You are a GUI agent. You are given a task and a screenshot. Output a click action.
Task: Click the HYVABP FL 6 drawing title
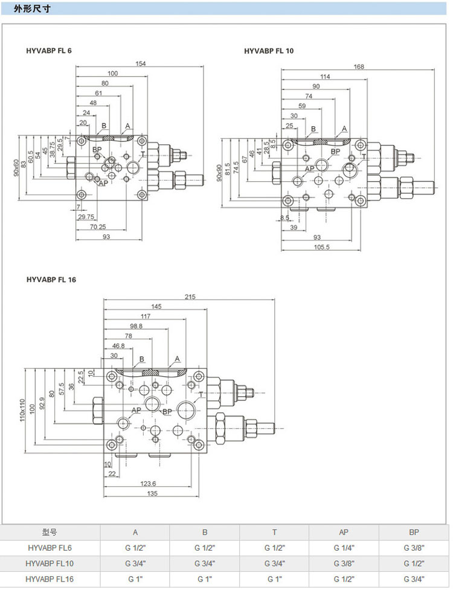tap(49, 51)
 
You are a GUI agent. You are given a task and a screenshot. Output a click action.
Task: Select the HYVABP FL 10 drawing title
tap(269, 51)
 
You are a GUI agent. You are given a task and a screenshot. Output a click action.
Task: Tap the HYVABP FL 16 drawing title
tap(51, 280)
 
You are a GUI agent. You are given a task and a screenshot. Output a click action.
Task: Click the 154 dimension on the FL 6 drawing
tap(140, 64)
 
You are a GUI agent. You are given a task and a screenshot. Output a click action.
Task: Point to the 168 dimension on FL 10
tap(359, 66)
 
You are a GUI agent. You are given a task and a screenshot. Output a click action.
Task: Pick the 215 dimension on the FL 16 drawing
tap(190, 297)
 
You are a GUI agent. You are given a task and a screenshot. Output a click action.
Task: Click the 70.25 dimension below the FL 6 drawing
tap(98, 227)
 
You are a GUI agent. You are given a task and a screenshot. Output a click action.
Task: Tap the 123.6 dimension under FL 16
tap(148, 483)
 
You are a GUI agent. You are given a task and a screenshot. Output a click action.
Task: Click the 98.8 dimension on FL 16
tap(136, 326)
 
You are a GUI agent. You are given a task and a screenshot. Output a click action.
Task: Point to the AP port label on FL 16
tap(137, 410)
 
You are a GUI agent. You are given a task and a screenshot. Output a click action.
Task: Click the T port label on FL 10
tap(364, 156)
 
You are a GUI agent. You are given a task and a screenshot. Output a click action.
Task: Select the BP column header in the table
tap(414, 532)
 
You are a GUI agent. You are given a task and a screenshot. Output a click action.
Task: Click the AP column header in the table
tap(344, 532)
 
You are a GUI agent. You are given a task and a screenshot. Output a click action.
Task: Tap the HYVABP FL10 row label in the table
tap(50, 563)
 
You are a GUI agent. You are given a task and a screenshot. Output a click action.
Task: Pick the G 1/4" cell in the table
tap(344, 548)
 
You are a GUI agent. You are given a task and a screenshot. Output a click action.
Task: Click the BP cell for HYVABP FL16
tap(414, 579)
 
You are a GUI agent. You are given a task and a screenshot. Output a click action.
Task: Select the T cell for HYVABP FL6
tap(274, 548)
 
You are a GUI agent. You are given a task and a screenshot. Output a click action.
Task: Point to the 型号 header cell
tap(50, 532)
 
